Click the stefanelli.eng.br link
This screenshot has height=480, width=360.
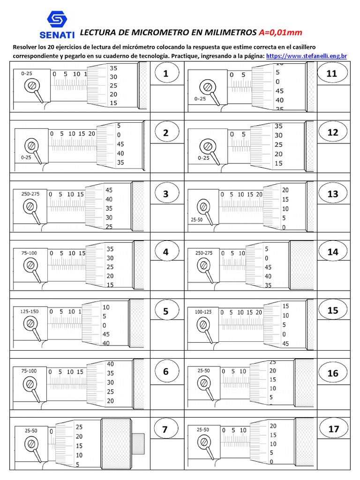pyautogui.click(x=306, y=56)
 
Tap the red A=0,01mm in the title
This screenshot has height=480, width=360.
pyautogui.click(x=280, y=32)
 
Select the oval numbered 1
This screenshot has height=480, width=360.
pyautogui.click(x=165, y=74)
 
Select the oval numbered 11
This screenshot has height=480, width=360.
pyautogui.click(x=332, y=74)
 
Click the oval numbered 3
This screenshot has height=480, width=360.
pyautogui.click(x=165, y=194)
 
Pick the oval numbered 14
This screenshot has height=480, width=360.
pyautogui.click(x=332, y=252)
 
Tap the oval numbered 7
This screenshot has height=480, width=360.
pyautogui.click(x=165, y=430)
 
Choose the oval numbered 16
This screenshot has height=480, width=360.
pyautogui.click(x=332, y=373)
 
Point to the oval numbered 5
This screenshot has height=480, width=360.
pyautogui.click(x=165, y=312)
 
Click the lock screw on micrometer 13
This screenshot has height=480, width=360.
pyautogui.click(x=203, y=206)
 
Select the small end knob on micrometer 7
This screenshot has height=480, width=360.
pyautogui.click(x=138, y=442)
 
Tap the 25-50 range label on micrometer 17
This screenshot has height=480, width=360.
pyautogui.click(x=203, y=429)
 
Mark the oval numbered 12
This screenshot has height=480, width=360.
pyautogui.click(x=332, y=133)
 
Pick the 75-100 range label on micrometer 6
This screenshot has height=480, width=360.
pyautogui.click(x=29, y=371)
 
